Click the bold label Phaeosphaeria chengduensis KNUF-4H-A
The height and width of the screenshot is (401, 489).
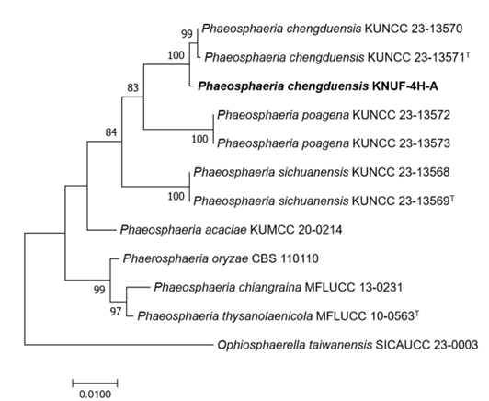coord(318,86)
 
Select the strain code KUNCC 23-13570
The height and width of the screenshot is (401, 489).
coord(414,29)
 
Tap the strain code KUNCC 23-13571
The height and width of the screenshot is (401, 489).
coord(416,57)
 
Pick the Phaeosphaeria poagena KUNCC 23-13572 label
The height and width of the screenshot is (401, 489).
coord(334,115)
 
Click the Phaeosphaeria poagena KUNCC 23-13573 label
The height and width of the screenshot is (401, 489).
coord(334,143)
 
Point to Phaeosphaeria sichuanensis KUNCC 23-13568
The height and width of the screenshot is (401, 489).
coord(322,172)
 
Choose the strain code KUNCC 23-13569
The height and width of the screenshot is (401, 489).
coord(401,200)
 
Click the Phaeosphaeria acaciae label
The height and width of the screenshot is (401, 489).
coord(184,230)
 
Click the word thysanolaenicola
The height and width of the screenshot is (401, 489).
coord(267,316)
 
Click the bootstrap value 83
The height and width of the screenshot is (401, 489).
coord(132,88)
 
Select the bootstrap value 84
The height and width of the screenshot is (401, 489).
coord(111,132)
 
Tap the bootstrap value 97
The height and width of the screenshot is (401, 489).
coord(116,311)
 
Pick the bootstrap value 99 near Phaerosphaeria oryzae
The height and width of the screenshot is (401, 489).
coord(99,290)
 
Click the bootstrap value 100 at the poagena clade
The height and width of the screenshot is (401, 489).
coord(199,139)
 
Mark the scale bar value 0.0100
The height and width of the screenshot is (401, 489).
coord(95,395)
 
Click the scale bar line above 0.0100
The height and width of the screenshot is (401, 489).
coord(95,383)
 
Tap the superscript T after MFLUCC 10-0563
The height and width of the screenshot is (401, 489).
coord(416,313)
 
